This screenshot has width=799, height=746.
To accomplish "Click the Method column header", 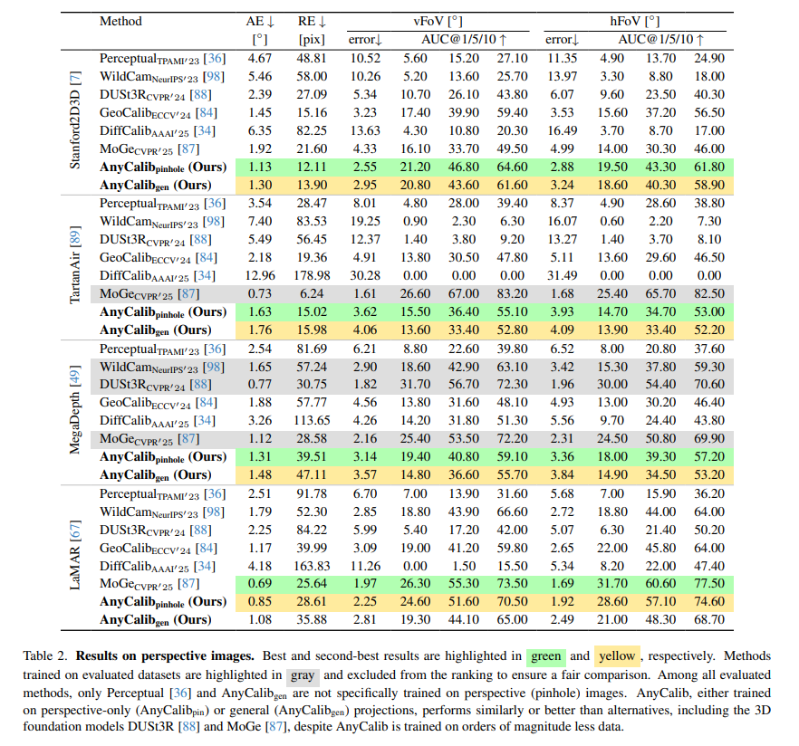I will point(120,21).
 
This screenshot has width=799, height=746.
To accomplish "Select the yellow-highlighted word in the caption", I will point(617,655).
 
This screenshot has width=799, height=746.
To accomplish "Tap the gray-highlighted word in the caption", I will point(303,675).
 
